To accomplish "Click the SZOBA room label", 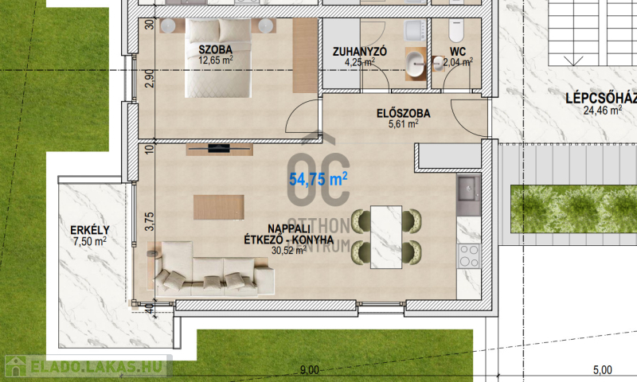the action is [215, 49].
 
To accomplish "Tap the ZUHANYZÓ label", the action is [360, 52].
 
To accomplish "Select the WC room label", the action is [457, 52].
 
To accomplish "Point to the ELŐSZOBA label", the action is [404, 113].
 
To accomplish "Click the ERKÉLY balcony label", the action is [90, 230].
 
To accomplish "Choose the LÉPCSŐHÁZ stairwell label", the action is [601, 98].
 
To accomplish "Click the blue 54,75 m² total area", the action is [318, 179].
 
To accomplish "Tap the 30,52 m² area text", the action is [289, 250].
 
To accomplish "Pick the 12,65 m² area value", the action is [215, 60].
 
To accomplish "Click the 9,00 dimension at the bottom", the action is [309, 370].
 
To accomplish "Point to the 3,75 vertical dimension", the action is [150, 222].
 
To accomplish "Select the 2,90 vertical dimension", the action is [150, 78].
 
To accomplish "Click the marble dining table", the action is [386, 237].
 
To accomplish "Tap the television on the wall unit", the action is [219, 148].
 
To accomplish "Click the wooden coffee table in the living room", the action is [219, 207].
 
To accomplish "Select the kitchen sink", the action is [468, 189].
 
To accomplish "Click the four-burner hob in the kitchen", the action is [469, 256].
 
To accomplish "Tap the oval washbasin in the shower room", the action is [414, 64].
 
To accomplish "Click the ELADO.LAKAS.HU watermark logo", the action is [88, 366].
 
